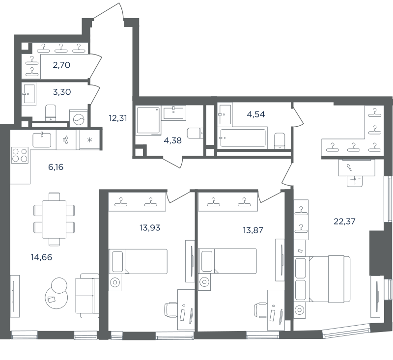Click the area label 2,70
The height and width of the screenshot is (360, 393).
61,65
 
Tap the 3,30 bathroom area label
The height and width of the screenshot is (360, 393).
62,92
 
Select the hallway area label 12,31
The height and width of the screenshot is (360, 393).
118,118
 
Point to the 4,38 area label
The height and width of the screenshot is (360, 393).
173,140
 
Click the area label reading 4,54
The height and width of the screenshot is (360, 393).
256,114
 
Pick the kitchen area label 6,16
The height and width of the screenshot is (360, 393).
56,167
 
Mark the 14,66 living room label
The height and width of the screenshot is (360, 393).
42,257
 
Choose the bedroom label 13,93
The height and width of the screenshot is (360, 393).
150,228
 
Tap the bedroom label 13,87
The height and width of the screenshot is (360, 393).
253,230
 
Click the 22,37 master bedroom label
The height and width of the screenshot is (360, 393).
345,222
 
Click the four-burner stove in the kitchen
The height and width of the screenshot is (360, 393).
20,155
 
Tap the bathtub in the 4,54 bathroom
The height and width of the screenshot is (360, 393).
243,138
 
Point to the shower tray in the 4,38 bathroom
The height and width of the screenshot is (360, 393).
148,120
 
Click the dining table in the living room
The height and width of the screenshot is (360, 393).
54,219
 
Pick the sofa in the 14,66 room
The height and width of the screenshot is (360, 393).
87,296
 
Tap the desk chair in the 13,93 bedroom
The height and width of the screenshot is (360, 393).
170,309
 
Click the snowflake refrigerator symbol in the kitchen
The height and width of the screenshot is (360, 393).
89,140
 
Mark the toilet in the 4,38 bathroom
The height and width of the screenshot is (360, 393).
195,133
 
